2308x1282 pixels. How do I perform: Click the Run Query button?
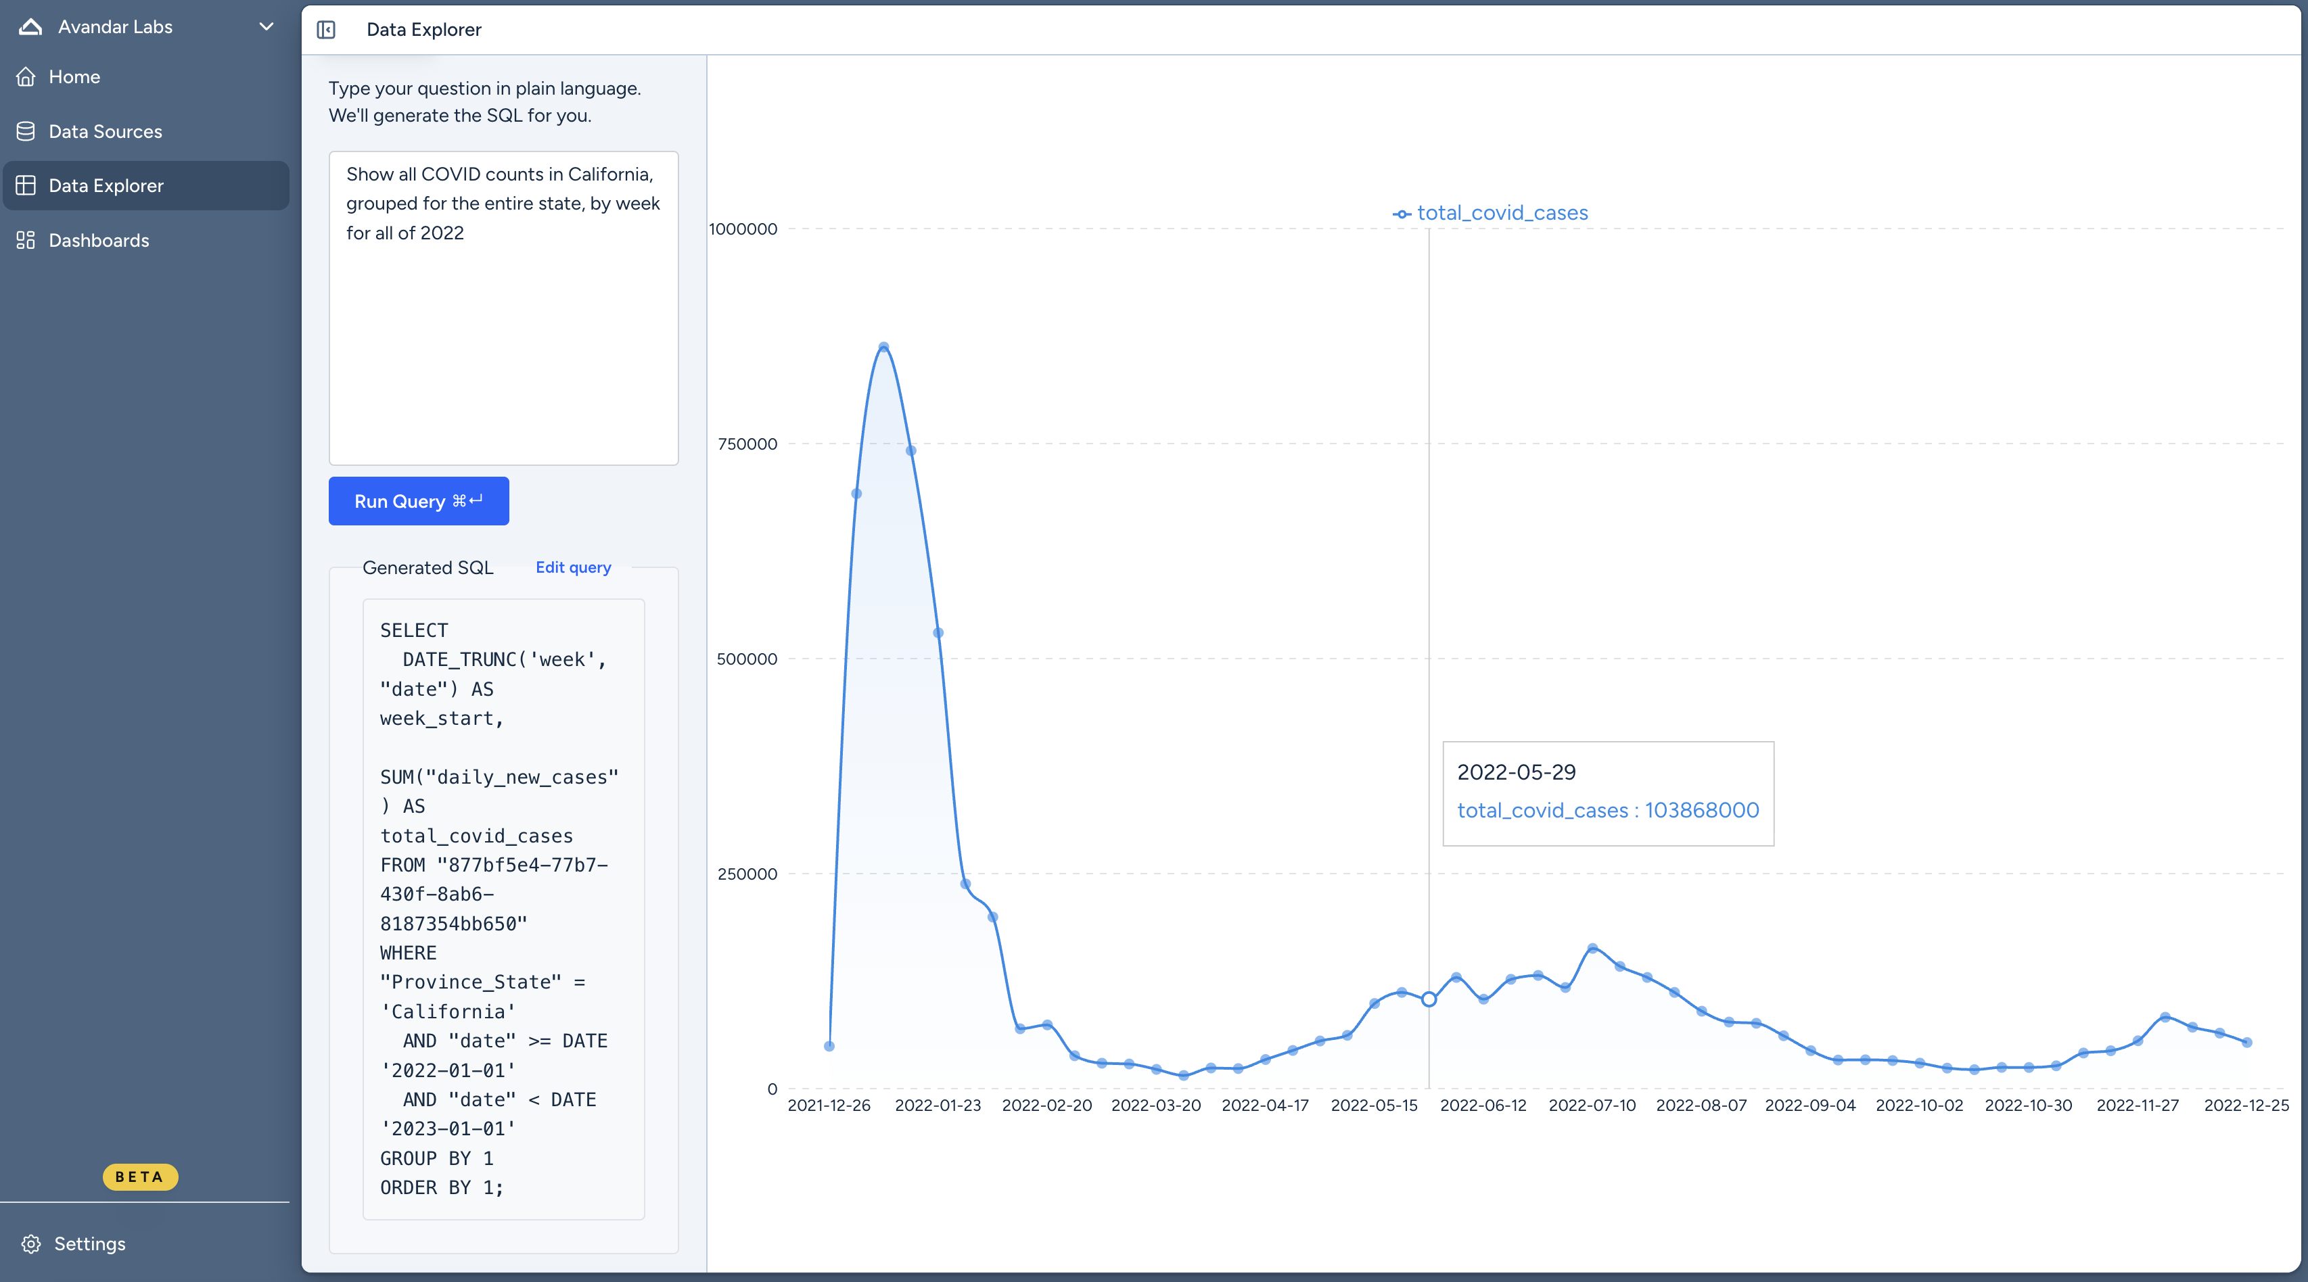(x=419, y=501)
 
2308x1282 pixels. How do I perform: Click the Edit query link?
(x=574, y=567)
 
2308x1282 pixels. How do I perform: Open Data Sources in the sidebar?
(x=105, y=132)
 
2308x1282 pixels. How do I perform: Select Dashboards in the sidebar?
(x=99, y=240)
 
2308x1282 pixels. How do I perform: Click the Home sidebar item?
(x=74, y=77)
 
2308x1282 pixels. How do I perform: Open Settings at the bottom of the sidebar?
(x=89, y=1243)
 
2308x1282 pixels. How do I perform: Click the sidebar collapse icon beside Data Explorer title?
(x=326, y=30)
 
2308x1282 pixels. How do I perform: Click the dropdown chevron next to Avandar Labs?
(x=266, y=27)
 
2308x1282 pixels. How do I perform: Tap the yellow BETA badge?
(x=140, y=1177)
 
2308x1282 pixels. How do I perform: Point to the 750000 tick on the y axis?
(x=747, y=444)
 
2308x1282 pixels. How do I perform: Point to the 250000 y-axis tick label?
(x=747, y=874)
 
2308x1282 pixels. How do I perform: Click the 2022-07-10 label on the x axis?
(x=1592, y=1106)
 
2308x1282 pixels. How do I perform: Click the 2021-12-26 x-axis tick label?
(x=829, y=1106)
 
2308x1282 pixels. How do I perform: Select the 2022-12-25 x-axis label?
(x=2246, y=1106)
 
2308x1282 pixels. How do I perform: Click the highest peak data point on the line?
(x=883, y=347)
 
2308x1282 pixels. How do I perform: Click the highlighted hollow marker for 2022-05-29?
(x=1429, y=999)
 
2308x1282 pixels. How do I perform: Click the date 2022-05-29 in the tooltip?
(x=1516, y=772)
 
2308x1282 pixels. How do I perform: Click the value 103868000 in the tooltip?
(x=1701, y=810)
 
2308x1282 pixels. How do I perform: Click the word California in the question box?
(x=609, y=174)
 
